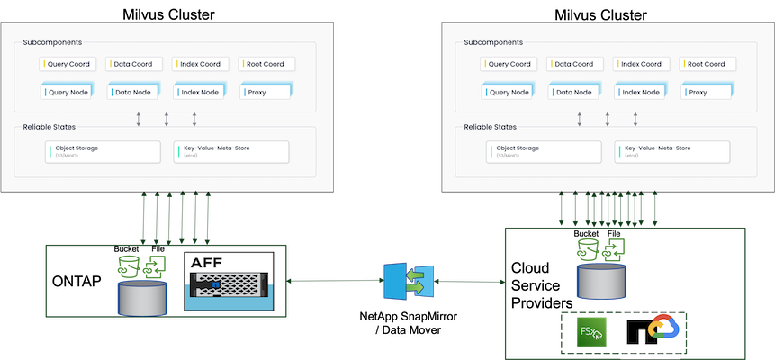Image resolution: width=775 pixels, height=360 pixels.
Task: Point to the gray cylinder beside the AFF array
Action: pos(142,296)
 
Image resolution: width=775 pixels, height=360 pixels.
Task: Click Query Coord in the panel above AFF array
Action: pos(71,64)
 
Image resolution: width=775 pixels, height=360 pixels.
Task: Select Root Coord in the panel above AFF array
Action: pos(267,64)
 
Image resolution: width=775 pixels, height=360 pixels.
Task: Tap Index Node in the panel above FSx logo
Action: pos(643,92)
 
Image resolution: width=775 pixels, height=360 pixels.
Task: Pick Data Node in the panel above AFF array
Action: pos(137,92)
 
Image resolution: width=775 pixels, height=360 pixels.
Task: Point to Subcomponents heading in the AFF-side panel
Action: pos(55,42)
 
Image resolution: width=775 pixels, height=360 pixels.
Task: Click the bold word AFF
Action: pos(207,264)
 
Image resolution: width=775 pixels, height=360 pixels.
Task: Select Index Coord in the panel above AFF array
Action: pos(202,64)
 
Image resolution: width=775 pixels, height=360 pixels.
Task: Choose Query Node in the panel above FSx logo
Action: pos(512,92)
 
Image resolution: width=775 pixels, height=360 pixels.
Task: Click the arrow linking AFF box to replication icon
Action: pos(333,281)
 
